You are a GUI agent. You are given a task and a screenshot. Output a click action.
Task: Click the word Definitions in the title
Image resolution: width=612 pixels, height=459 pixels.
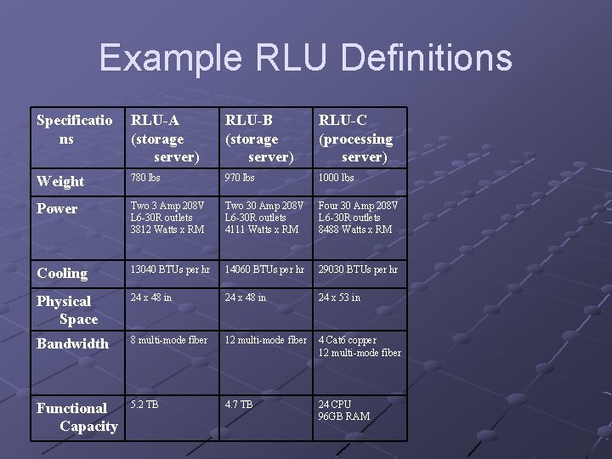(426, 57)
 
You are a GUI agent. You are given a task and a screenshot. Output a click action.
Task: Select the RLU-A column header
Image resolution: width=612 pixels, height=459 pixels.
(165, 139)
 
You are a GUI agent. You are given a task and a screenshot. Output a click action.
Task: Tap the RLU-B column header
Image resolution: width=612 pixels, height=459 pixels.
(259, 139)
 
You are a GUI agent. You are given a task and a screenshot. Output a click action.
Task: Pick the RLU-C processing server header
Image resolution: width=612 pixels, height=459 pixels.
(355, 139)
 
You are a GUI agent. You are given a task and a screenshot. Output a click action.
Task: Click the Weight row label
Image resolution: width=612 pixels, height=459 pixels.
(60, 182)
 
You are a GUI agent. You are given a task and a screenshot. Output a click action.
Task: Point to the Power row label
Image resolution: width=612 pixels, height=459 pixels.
(57, 208)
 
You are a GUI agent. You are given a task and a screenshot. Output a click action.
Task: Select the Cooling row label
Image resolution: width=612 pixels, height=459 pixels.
(62, 273)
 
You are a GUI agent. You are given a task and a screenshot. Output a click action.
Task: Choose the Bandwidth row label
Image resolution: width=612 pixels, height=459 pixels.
(72, 343)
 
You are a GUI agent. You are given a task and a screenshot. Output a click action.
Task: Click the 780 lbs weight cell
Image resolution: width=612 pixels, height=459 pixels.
(145, 178)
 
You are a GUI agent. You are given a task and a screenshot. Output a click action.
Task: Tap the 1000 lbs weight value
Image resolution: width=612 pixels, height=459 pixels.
(336, 178)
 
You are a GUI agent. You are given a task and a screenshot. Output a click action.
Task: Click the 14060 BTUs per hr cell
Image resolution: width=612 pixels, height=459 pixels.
(264, 269)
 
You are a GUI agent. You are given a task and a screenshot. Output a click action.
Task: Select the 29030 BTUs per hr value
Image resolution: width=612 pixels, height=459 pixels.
(358, 269)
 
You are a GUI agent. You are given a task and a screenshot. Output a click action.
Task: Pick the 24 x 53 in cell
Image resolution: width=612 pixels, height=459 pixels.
(339, 297)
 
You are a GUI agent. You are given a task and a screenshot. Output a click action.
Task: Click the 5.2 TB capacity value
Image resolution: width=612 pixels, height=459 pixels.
(144, 405)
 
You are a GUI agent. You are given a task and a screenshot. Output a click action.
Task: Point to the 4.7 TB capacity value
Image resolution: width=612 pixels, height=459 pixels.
(239, 405)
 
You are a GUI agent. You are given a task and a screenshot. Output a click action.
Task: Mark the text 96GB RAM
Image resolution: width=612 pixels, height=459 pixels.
(344, 416)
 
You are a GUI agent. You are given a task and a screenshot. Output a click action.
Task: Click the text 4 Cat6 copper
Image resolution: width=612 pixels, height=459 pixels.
(348, 340)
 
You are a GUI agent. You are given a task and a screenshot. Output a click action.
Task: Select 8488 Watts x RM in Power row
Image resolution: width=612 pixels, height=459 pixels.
(355, 229)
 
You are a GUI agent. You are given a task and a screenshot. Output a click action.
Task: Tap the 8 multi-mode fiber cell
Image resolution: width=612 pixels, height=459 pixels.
(169, 340)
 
